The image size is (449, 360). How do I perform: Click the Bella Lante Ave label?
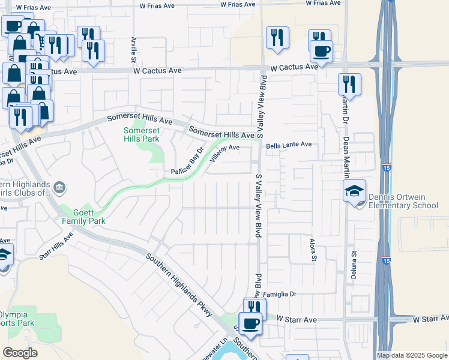[x=289, y=145]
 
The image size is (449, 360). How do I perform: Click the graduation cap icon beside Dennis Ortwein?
[x=354, y=191]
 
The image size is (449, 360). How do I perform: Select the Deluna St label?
[x=354, y=265]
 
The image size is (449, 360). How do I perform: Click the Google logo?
[x=20, y=353]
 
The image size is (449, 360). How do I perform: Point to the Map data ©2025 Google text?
[x=411, y=355]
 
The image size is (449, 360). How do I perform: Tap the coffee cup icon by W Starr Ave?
[x=250, y=323]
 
